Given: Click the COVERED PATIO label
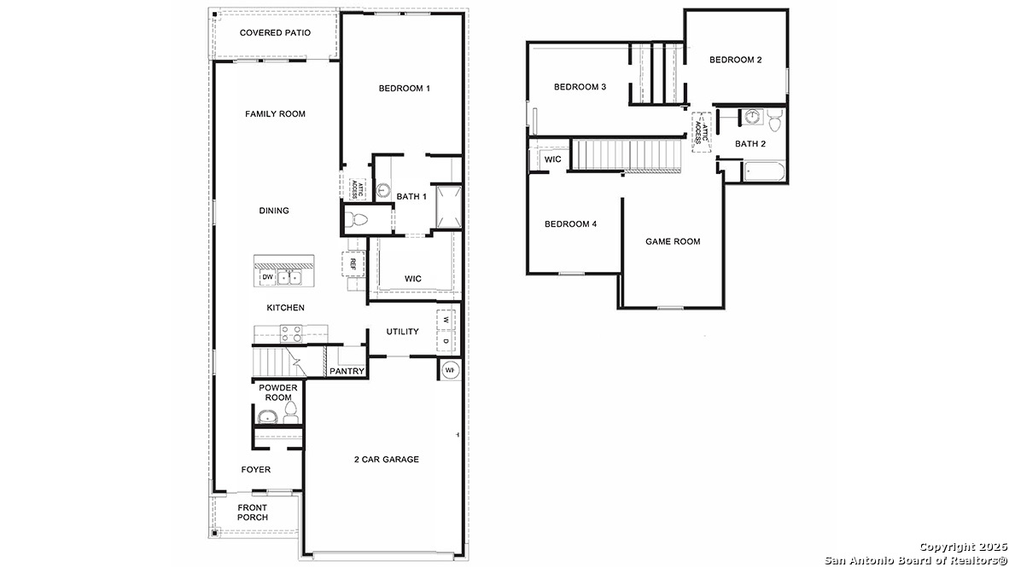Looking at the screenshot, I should click(275, 33).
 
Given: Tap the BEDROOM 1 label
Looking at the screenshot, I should click(404, 89).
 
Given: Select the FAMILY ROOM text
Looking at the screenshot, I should click(275, 114).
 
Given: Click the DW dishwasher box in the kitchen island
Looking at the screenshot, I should click(267, 277).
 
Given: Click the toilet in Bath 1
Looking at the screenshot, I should click(357, 221).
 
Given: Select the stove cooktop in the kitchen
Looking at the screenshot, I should click(290, 333).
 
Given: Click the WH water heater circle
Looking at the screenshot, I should click(450, 370).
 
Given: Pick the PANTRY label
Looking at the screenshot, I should click(347, 371).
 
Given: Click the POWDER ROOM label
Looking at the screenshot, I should click(278, 393).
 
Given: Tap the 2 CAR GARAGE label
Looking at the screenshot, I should click(387, 460).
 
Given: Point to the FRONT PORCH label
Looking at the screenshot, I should click(253, 512).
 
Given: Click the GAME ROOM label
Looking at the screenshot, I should click(673, 242).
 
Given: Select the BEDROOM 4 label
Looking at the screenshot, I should click(571, 224).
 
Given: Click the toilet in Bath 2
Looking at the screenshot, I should click(774, 117).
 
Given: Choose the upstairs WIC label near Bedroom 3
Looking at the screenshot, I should click(553, 159).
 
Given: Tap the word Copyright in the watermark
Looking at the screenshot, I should click(948, 547).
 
